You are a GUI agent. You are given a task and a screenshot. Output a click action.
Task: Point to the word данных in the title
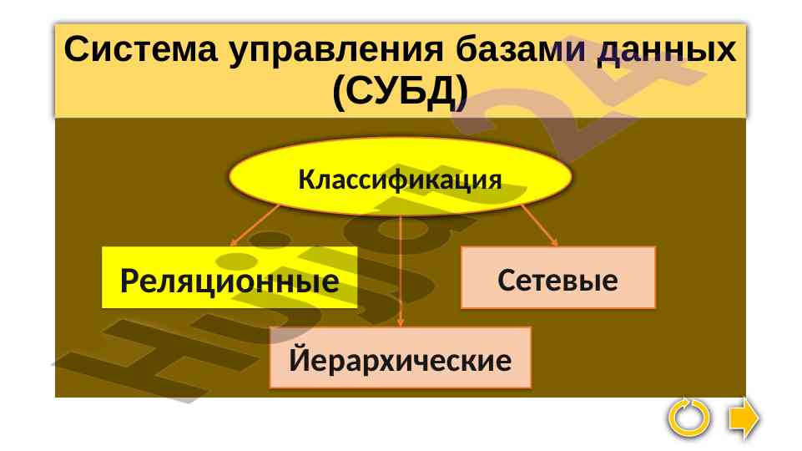point(667,51)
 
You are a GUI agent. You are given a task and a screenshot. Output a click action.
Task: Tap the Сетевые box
point(557,280)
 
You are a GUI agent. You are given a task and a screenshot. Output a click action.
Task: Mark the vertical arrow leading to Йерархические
point(401,267)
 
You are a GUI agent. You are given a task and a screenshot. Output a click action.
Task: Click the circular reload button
point(690,418)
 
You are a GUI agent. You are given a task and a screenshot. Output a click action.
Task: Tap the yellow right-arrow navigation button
point(743,418)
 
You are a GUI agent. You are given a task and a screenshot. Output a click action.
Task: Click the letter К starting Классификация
point(305,180)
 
